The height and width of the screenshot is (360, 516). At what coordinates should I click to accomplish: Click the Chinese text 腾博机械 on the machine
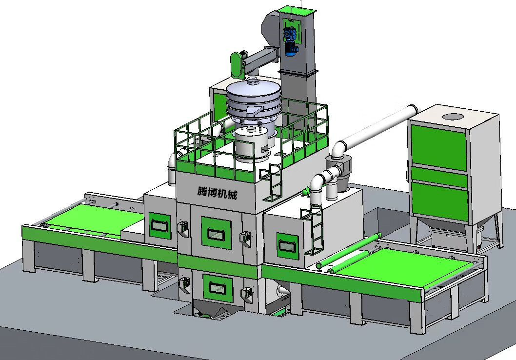[x=217, y=193]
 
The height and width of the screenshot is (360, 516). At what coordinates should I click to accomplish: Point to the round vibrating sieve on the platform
[x=253, y=99]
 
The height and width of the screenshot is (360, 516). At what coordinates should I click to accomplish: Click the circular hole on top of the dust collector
[x=453, y=117]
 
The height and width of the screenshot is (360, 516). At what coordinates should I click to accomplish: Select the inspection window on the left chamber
[x=160, y=225]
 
